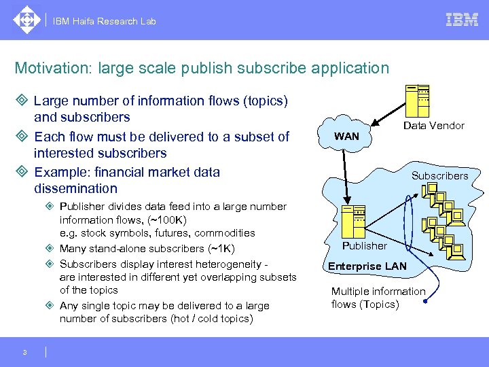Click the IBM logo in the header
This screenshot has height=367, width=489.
tap(462, 20)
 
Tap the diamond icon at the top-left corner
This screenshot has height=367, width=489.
tap(26, 20)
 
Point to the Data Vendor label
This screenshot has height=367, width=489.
tap(433, 126)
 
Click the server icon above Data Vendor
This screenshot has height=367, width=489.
tap(417, 101)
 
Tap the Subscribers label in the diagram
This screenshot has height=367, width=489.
tap(439, 175)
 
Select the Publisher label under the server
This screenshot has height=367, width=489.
tap(364, 245)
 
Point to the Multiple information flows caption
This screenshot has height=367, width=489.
tap(378, 298)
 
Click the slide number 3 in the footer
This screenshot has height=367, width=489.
tap(24, 352)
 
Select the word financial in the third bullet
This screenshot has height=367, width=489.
tap(121, 171)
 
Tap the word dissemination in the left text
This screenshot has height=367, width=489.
tap(75, 188)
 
